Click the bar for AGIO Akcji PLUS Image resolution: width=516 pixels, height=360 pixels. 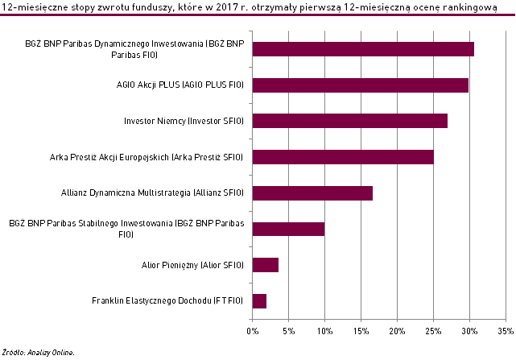[360, 85]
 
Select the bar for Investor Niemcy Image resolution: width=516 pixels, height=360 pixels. [349, 121]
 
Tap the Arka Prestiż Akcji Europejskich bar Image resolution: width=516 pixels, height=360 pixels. [343, 157]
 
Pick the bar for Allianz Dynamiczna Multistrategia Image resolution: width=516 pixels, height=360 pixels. [312, 193]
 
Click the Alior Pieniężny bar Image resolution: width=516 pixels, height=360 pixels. [265, 265]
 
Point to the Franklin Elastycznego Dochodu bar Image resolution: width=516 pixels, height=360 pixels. [259, 301]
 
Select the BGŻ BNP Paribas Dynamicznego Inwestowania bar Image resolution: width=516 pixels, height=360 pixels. [363, 48]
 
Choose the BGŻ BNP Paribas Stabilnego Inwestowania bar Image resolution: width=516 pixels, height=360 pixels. [288, 229]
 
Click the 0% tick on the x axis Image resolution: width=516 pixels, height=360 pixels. [252, 330]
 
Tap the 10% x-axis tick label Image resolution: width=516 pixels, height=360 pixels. [324, 330]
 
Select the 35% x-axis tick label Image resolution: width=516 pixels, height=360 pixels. [506, 330]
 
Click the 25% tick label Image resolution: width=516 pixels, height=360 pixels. [433, 330]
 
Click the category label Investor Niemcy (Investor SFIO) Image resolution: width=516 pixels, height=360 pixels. [184, 121]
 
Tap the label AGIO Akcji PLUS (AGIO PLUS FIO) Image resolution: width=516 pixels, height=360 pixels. [180, 85]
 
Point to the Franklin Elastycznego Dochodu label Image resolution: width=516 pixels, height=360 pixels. [167, 301]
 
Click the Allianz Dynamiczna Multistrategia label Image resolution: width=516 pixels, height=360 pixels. [152, 193]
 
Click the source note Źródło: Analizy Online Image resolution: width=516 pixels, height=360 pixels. [38, 352]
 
